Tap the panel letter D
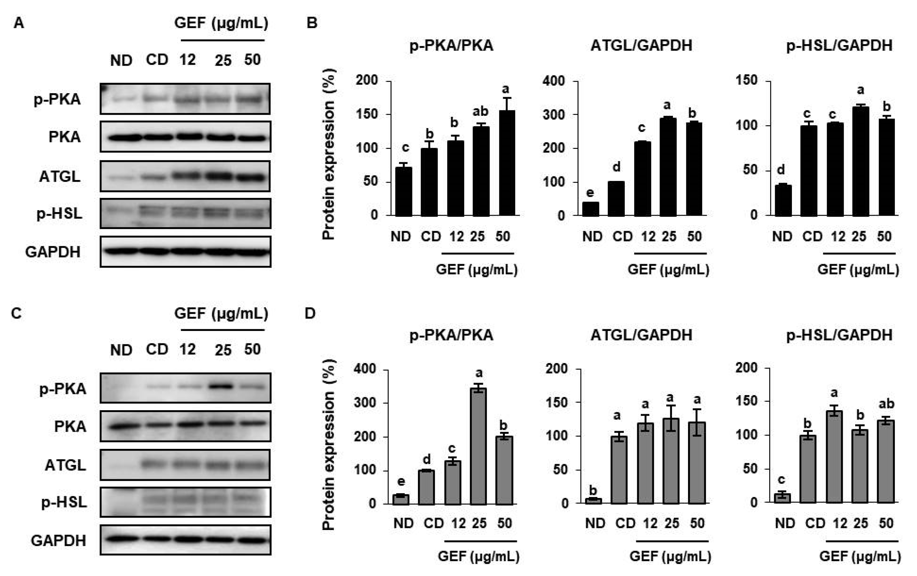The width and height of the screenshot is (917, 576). [310, 313]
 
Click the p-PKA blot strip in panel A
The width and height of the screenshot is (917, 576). [185, 99]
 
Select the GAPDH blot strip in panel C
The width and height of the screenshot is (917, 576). [185, 540]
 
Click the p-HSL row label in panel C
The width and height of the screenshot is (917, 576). [64, 502]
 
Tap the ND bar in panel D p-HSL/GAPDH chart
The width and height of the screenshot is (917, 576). [782, 498]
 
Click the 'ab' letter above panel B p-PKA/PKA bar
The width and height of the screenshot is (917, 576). [480, 111]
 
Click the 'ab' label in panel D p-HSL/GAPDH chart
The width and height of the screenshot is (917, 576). [886, 404]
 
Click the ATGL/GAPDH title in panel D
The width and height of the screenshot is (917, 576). [641, 335]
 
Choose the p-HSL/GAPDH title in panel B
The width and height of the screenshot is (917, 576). [839, 46]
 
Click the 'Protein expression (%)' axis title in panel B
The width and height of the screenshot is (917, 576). [328, 154]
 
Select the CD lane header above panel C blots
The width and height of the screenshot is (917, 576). [157, 349]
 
